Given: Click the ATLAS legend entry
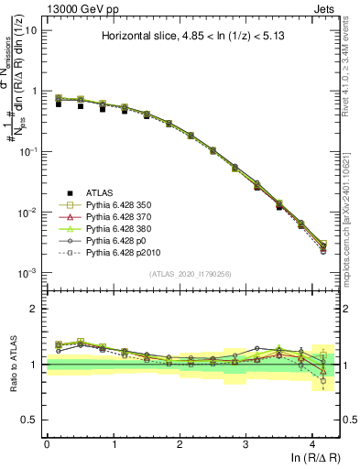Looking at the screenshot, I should click(98, 192).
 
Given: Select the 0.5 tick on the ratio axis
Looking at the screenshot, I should click(33, 420).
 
